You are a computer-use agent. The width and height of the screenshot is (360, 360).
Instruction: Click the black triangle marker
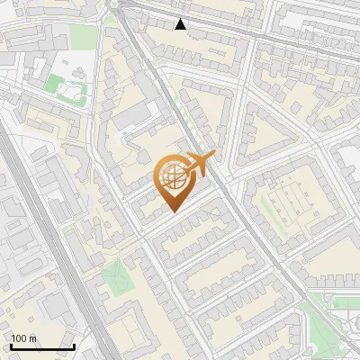pos(181,24)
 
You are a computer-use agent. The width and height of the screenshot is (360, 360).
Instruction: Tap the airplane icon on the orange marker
pos(200,163)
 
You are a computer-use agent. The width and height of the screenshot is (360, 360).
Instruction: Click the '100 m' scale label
pos(23,338)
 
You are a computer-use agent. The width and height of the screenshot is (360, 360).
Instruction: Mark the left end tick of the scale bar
pos(11,346)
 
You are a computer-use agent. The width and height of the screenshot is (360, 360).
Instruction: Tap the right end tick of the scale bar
pos(75,346)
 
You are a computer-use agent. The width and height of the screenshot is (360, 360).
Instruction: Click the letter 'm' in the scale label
pos(33,338)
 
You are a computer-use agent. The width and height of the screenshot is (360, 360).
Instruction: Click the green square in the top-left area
pos(83,36)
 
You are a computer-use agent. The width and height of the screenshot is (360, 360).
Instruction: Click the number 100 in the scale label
pos(19,338)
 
